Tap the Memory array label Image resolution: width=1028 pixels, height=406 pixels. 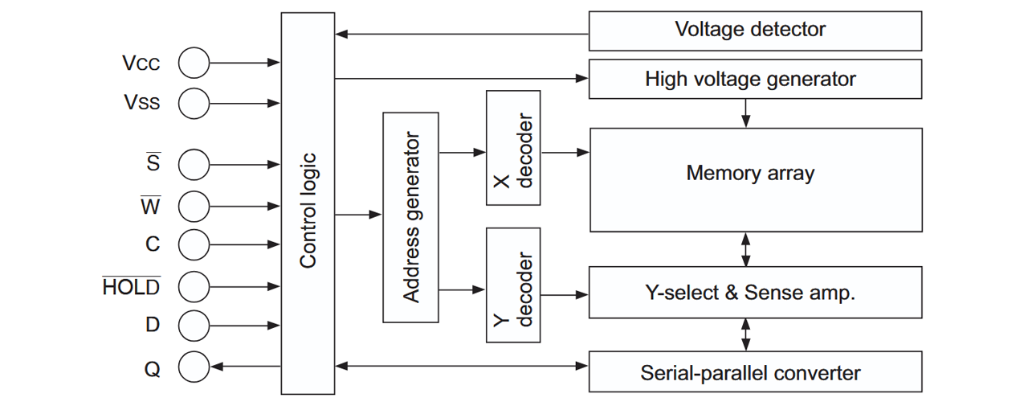pyautogui.click(x=750, y=173)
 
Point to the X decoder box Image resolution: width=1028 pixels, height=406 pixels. pyautogui.click(x=512, y=148)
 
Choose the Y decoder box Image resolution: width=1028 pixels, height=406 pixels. pyautogui.click(x=512, y=285)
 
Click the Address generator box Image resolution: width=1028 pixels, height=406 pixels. pyautogui.click(x=410, y=217)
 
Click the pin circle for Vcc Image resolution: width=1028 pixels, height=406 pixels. pyautogui.click(x=194, y=63)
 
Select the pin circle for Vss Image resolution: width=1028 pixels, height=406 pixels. pyautogui.click(x=194, y=103)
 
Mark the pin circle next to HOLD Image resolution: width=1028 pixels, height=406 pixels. pyautogui.click(x=194, y=286)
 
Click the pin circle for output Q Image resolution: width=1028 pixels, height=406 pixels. pyautogui.click(x=194, y=368)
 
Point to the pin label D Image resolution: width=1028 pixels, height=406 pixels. pyautogui.click(x=153, y=326)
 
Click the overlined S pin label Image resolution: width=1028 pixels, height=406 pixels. pyautogui.click(x=153, y=163)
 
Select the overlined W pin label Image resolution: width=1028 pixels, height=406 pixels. pyautogui.click(x=151, y=206)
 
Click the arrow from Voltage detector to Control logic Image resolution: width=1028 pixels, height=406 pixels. pyautogui.click(x=462, y=35)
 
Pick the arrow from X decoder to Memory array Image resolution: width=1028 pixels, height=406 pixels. pyautogui.click(x=565, y=152)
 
